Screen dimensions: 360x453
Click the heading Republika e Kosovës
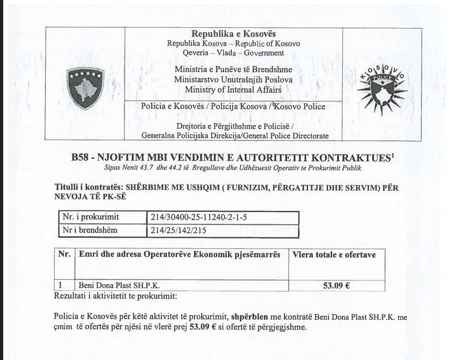pos(234,34)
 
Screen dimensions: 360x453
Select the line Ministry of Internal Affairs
pos(233,90)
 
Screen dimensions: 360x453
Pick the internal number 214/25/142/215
pos(178,230)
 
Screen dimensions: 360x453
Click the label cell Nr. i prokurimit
pos(90,217)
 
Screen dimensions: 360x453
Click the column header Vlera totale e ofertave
pos(334,255)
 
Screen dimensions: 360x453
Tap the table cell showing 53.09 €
pos(336,286)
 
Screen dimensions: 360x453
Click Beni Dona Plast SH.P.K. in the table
pos(119,286)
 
